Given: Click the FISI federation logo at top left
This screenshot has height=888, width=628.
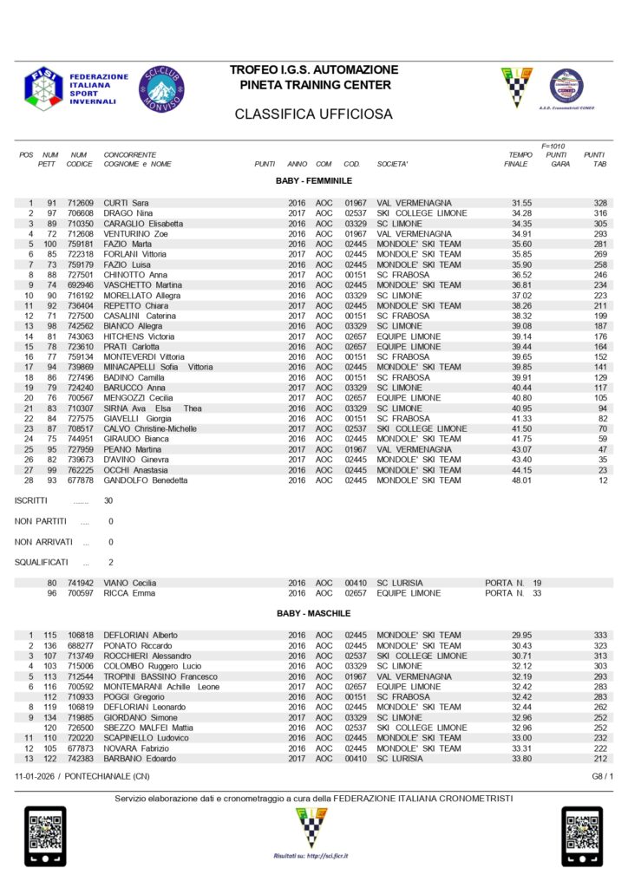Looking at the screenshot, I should [x=43, y=88].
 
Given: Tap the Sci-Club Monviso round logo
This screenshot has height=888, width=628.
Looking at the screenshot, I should [x=161, y=88].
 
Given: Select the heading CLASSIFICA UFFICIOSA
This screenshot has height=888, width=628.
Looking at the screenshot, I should [x=314, y=114].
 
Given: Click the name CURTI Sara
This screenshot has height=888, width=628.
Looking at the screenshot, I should [x=127, y=203].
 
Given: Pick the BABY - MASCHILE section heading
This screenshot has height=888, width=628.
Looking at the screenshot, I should [x=313, y=613].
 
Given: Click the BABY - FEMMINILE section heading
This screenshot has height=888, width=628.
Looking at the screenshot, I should [x=313, y=180].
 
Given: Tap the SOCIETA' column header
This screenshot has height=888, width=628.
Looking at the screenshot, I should [x=392, y=164].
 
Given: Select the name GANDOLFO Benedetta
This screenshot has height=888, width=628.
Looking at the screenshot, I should [x=146, y=480].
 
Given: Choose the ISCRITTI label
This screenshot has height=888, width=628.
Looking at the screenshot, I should [x=31, y=501].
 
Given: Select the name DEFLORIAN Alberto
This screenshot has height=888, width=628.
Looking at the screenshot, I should [x=141, y=636].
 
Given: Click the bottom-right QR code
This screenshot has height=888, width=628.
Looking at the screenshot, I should [x=582, y=836].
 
